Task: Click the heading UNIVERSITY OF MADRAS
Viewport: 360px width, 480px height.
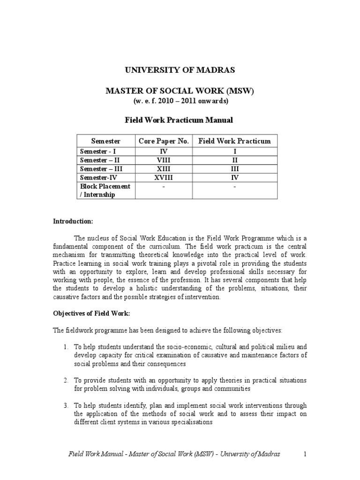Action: coord(179,70)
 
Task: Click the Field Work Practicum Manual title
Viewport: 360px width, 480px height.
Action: coord(179,120)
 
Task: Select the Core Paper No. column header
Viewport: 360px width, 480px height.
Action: coord(164,141)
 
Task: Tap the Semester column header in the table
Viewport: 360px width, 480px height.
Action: coord(106,141)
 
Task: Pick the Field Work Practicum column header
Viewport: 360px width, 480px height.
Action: coord(235,141)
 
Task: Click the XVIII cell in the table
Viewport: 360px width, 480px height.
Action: coord(164,178)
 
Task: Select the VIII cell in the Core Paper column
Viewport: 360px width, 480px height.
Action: coord(164,160)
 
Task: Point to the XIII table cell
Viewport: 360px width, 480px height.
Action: coord(164,169)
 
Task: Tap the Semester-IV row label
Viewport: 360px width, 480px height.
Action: coord(98,178)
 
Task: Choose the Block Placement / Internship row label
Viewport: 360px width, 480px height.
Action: coord(105,190)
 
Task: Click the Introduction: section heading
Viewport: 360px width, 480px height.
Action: coord(73,221)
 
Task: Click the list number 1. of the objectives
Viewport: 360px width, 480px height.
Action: coord(66,346)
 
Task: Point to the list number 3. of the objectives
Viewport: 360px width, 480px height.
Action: coord(66,405)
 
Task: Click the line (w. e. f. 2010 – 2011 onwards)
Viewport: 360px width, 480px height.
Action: coord(179,101)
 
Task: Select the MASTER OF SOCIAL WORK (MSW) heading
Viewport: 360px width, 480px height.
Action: coord(179,91)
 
